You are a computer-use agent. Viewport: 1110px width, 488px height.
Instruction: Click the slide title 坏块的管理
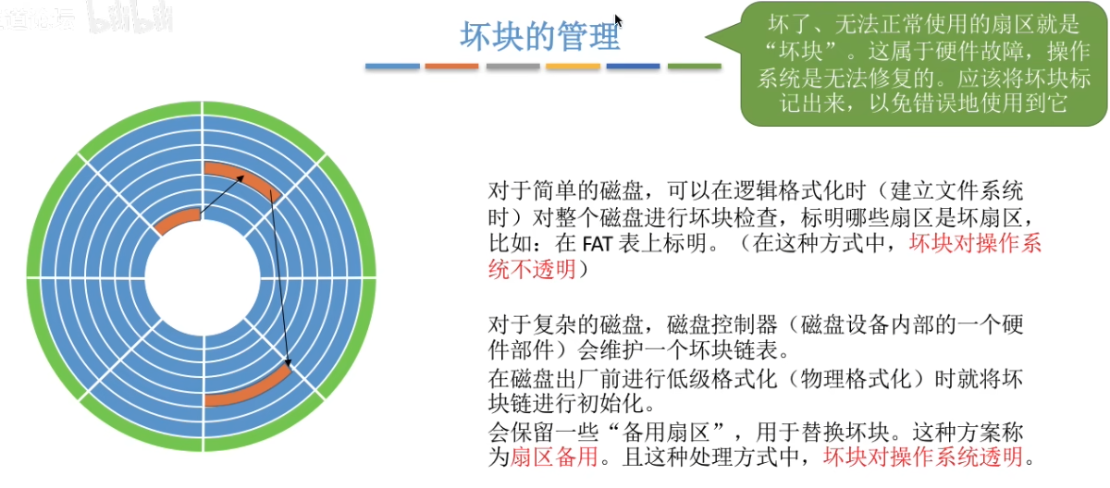tap(540, 37)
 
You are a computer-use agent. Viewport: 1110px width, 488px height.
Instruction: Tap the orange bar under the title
tap(451, 67)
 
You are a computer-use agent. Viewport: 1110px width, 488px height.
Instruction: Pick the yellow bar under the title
tap(573, 67)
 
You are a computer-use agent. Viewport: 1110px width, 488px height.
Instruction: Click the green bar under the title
tap(694, 67)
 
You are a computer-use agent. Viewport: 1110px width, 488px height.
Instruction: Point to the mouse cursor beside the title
tap(618, 21)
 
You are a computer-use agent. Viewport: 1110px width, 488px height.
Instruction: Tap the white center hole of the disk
tap(203, 277)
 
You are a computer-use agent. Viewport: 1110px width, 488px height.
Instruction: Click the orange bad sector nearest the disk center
tap(178, 222)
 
